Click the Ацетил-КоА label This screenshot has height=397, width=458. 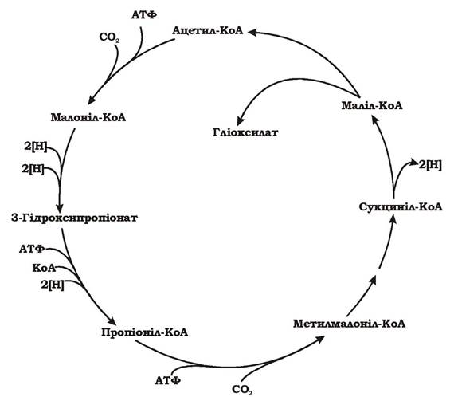(x=208, y=31)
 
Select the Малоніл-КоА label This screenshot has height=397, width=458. (x=88, y=117)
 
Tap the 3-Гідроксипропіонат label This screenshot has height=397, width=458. (x=74, y=218)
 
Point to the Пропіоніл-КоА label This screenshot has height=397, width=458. (x=145, y=332)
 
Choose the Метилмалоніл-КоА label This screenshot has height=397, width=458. (x=349, y=324)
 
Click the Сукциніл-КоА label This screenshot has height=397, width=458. (x=401, y=207)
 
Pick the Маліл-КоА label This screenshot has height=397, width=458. (x=372, y=105)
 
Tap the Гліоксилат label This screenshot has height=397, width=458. (x=245, y=132)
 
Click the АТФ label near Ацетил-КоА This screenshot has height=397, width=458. (x=144, y=14)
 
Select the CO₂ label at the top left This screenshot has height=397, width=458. (x=110, y=37)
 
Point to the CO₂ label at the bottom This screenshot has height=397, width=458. (x=242, y=390)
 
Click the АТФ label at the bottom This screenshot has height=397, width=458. (x=167, y=380)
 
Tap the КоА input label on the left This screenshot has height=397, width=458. (x=44, y=268)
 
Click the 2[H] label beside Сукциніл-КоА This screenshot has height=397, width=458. (x=430, y=165)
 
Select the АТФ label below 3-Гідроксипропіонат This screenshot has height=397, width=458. (x=32, y=249)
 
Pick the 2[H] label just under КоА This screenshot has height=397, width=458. (x=53, y=285)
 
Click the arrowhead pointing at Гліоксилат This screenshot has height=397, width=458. (x=241, y=120)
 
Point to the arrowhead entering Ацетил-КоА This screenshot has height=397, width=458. (x=253, y=32)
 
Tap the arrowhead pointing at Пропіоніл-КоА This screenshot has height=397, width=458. (x=112, y=320)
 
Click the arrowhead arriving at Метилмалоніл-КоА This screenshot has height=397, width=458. (x=319, y=340)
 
